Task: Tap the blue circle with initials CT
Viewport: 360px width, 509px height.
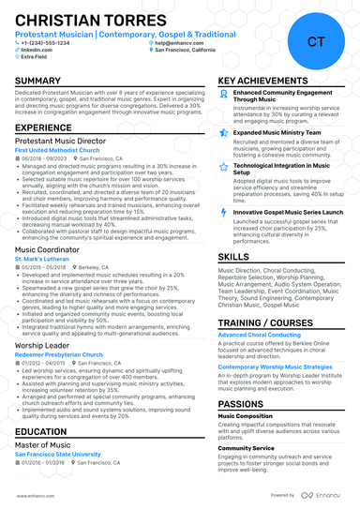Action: [316, 41]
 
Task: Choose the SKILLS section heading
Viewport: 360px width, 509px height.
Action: [233, 256]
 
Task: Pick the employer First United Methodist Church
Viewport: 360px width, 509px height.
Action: [57, 149]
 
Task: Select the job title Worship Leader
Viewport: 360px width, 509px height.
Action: [41, 346]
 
